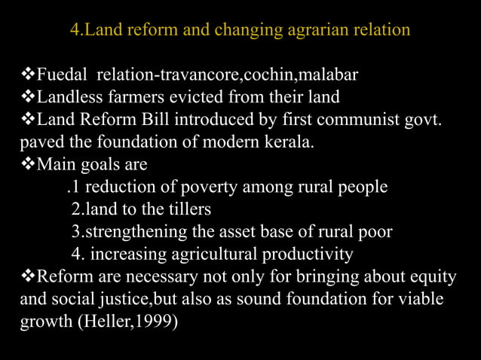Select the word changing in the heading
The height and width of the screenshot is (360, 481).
click(x=253, y=32)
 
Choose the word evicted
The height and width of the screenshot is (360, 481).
click(x=191, y=97)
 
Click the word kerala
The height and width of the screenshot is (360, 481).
click(x=287, y=142)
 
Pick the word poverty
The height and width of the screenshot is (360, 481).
click(x=210, y=186)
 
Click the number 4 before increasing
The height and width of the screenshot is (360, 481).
click(x=75, y=253)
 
